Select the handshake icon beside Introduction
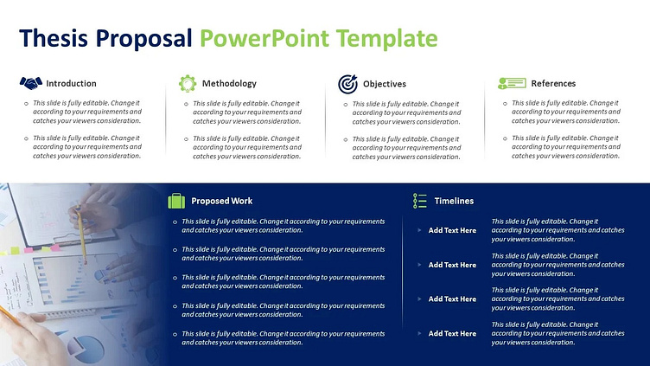[30, 83]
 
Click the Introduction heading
[71, 84]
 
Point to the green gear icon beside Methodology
[188, 83]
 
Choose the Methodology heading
[229, 84]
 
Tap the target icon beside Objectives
[347, 84]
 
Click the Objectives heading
[385, 84]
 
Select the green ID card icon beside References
[512, 83]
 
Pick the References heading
[553, 84]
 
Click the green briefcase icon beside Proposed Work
[176, 201]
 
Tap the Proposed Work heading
[222, 201]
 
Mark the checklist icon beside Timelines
[420, 201]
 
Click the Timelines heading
[454, 201]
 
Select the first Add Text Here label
[452, 230]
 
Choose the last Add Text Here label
[452, 333]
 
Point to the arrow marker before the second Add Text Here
[419, 265]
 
